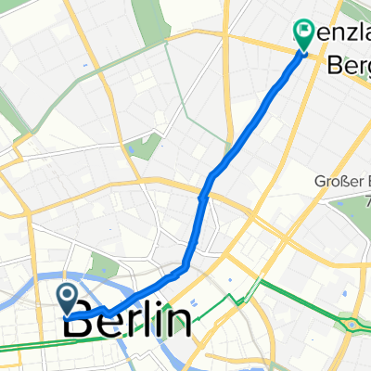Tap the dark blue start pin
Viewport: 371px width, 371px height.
coord(69,297)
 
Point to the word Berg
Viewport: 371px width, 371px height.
coord(347,66)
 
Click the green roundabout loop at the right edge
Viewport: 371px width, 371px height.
coord(353,325)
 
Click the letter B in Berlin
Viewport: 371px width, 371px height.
coord(82,323)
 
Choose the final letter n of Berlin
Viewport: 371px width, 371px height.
coord(180,323)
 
